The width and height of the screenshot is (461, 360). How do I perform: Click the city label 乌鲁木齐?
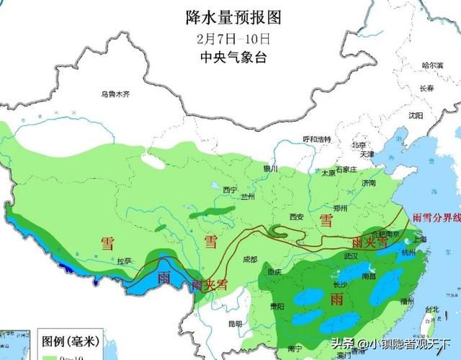pos(117,94)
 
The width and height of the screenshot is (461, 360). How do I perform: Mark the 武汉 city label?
pos(351,256)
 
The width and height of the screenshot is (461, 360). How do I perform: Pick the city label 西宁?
pos(230,189)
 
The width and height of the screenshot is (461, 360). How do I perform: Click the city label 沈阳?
pos(416,115)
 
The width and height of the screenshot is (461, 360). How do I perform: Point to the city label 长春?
pos(426,89)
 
